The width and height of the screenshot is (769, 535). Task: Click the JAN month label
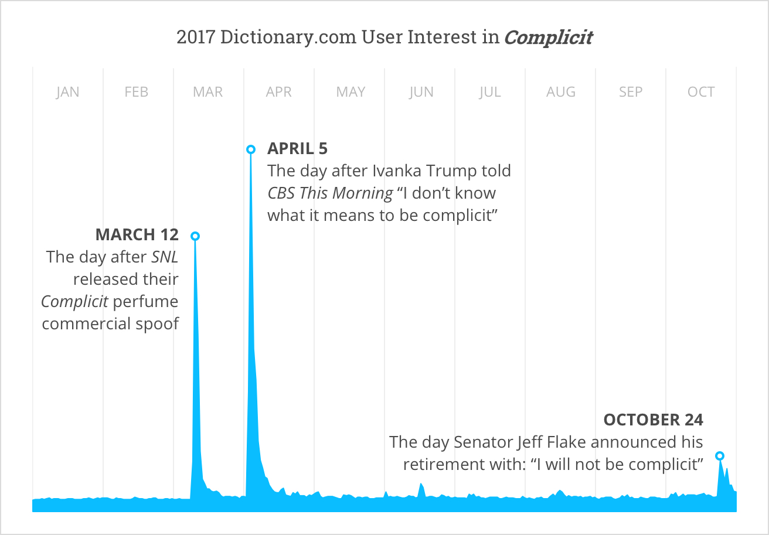click(x=67, y=92)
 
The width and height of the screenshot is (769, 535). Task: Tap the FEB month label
click(x=137, y=92)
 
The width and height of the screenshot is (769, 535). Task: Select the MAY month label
click(x=351, y=92)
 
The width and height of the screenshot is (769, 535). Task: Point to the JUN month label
click(x=421, y=92)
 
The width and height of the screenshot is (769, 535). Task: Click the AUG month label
click(x=561, y=92)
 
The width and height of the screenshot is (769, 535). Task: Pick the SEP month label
click(x=631, y=92)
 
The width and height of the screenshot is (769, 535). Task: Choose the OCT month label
click(x=701, y=92)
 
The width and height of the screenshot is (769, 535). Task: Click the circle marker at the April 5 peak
click(x=251, y=149)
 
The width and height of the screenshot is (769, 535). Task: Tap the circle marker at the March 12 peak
click(x=195, y=236)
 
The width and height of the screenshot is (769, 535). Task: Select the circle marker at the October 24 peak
click(x=720, y=456)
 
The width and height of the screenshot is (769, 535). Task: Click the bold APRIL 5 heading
click(x=297, y=149)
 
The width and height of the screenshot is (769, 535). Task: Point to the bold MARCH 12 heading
click(x=137, y=235)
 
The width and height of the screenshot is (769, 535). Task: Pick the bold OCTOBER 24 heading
click(x=653, y=420)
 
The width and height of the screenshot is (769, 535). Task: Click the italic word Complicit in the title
click(x=549, y=38)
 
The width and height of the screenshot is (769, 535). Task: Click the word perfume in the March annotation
click(x=145, y=302)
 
